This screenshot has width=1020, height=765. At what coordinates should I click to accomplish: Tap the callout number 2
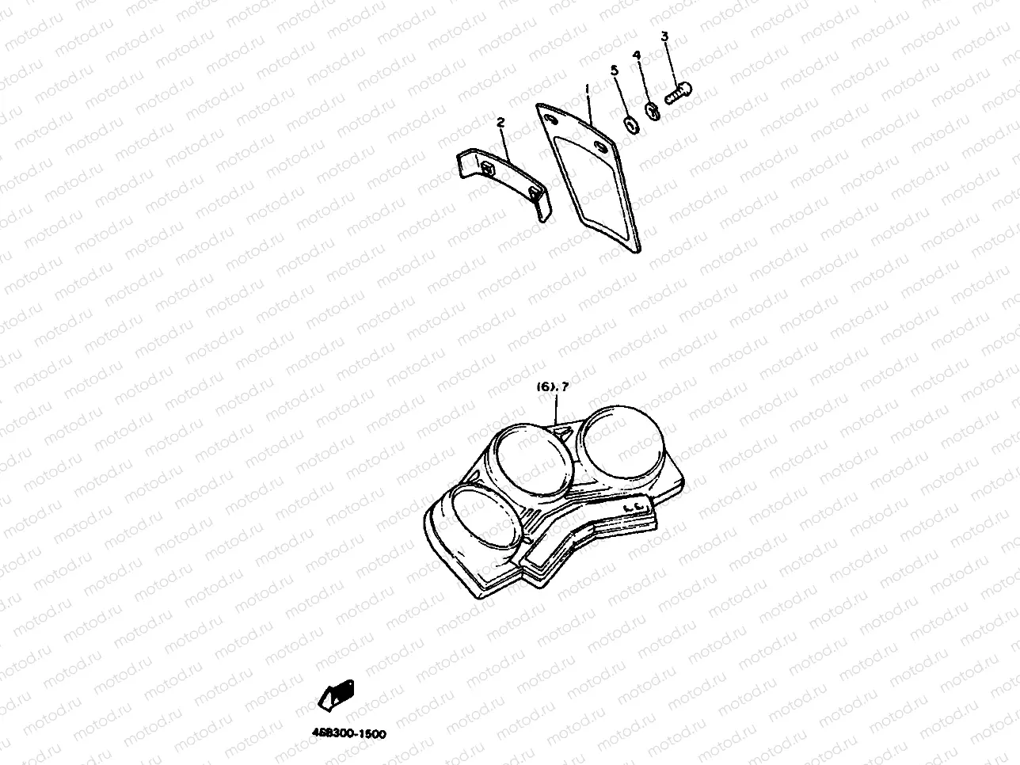pyautogui.click(x=500, y=122)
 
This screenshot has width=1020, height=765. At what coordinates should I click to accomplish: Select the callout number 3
pyautogui.click(x=664, y=36)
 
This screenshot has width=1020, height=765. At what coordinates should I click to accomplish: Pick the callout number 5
pyautogui.click(x=614, y=70)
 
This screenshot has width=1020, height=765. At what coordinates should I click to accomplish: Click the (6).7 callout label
pyautogui.click(x=553, y=387)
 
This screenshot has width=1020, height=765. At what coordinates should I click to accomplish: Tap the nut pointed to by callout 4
pyautogui.click(x=653, y=111)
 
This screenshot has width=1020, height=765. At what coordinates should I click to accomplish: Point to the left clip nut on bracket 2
pyautogui.click(x=487, y=167)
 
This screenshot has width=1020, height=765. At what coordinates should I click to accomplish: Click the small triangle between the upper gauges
pyautogui.click(x=565, y=432)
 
